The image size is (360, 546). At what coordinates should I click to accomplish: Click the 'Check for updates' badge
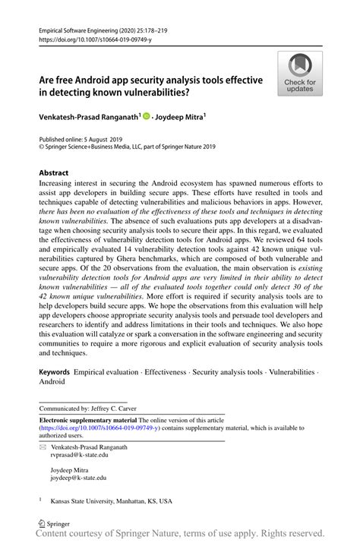pyautogui.click(x=300, y=73)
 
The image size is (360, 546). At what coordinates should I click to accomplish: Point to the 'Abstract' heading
pyautogui.click(x=57, y=173)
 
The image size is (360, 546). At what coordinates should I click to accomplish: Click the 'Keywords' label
pyautogui.click(x=55, y=374)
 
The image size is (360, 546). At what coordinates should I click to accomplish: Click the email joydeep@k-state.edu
pyautogui.click(x=78, y=478)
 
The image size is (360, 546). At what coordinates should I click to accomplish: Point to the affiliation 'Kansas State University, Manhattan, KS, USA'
pyautogui.click(x=111, y=501)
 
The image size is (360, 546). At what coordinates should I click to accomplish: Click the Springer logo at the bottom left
pyautogui.click(x=53, y=523)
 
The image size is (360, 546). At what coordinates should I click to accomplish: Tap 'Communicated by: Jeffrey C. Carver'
pyautogui.click(x=84, y=406)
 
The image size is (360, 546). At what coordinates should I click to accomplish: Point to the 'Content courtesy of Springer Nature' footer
pyautogui.click(x=180, y=535)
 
